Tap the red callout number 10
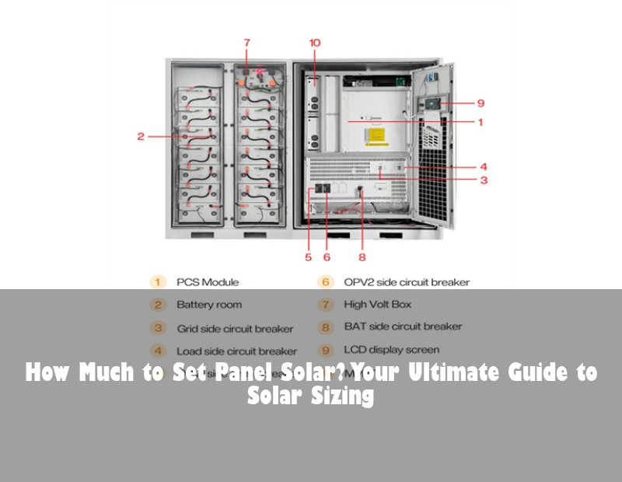(x=314, y=43)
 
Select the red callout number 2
(x=141, y=136)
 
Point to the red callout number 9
(x=481, y=102)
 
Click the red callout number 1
(x=480, y=122)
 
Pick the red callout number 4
(x=483, y=166)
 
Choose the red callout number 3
(x=483, y=180)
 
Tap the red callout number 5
(x=308, y=257)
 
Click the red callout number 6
(x=327, y=257)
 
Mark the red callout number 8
(x=362, y=257)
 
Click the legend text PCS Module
(x=208, y=282)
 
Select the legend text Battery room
(x=209, y=305)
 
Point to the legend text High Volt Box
(x=378, y=305)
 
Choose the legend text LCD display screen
(x=392, y=350)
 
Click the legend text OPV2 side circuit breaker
(x=407, y=282)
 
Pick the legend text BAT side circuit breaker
(x=403, y=327)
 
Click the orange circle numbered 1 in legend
(x=158, y=282)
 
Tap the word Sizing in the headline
(x=342, y=396)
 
